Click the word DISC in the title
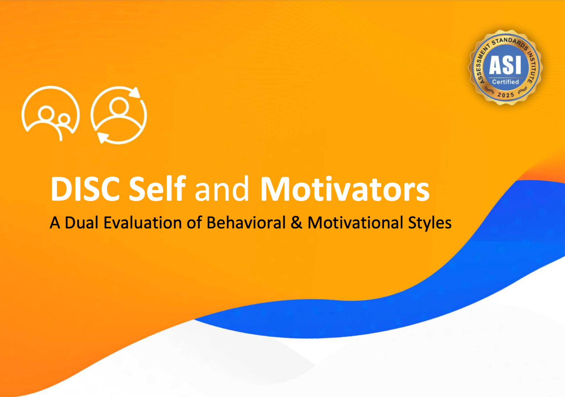coord(85,189)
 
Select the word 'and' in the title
coord(222,190)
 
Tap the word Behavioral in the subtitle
coord(246,223)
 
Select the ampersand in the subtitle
coord(296,223)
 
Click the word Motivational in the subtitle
coord(355,223)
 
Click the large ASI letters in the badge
coord(505,65)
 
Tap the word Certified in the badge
coord(505,82)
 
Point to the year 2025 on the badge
coord(506,95)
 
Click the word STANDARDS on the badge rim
coord(509,42)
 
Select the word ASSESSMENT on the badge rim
coord(482,63)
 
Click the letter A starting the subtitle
coord(55,223)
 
